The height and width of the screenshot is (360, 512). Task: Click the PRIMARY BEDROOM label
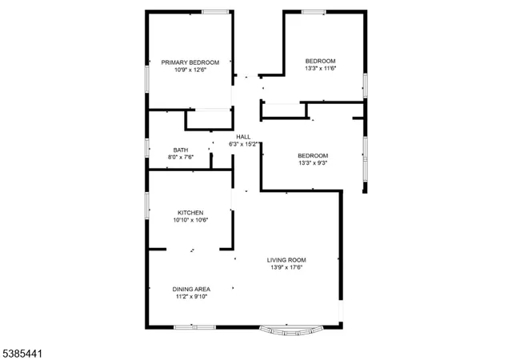point(190,62)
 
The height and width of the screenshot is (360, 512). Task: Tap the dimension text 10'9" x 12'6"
point(190,70)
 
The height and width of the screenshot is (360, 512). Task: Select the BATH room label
point(181,150)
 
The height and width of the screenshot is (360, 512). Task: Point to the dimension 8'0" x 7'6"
point(181,158)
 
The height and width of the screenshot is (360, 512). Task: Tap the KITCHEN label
point(190,212)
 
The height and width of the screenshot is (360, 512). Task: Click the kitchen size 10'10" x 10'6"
point(190,220)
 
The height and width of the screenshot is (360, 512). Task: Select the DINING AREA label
point(190,289)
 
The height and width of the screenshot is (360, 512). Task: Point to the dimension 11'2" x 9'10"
point(190,297)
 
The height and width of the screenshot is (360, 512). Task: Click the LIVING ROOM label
point(286,259)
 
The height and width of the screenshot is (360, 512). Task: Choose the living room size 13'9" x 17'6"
point(286,267)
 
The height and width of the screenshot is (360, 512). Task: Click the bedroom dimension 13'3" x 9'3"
point(313,163)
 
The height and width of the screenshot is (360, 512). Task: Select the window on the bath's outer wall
point(146,149)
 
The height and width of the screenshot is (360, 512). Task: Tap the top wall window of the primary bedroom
point(214,11)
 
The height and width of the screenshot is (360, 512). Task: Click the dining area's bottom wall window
point(194,326)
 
